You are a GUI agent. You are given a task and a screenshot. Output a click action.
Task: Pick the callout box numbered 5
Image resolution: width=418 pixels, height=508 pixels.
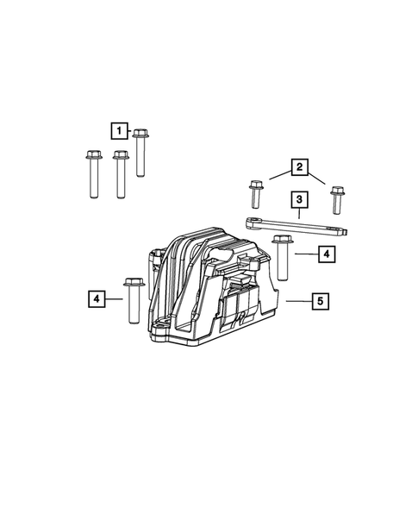click(320, 301)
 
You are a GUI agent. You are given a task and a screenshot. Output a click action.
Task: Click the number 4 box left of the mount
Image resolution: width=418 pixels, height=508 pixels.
click(97, 299)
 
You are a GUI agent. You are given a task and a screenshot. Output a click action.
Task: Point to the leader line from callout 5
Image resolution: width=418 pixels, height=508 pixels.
click(297, 301)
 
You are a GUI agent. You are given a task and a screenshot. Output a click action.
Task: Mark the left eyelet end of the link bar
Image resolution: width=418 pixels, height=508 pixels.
click(253, 222)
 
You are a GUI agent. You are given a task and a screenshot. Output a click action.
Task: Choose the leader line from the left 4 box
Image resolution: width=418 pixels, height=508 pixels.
click(115, 299)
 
